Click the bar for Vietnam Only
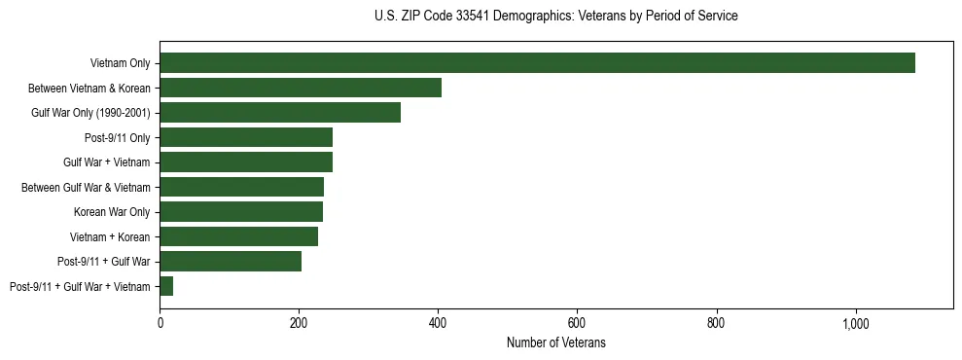coord(537,63)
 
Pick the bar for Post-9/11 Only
coord(246,137)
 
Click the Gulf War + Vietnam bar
coord(246,162)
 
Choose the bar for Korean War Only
coord(241,211)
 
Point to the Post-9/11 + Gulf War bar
coord(231,261)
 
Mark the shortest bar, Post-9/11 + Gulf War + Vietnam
coord(166,286)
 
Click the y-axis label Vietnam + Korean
coord(110,236)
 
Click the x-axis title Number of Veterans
coord(556,342)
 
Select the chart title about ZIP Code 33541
coord(556,17)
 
